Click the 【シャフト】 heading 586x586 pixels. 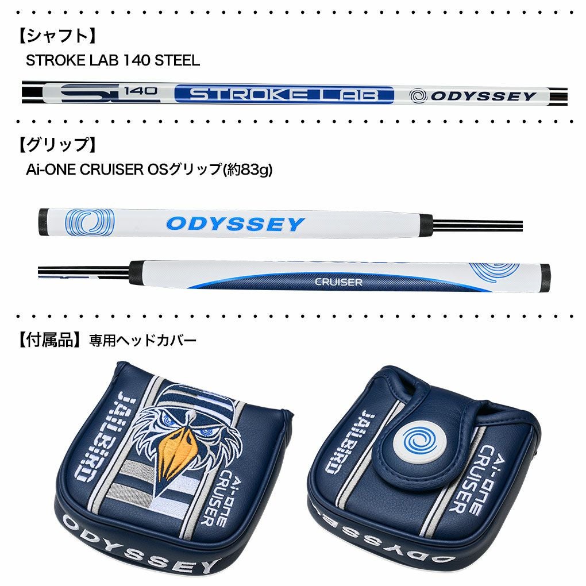[x=56, y=36]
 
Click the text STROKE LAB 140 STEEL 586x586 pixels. [x=113, y=60]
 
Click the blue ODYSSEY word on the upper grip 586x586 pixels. [x=235, y=223]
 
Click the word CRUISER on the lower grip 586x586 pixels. [x=338, y=282]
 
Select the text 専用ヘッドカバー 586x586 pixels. [x=143, y=341]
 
